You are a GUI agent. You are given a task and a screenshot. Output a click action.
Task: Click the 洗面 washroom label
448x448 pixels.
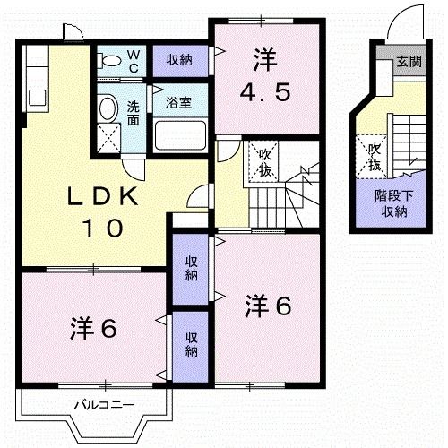tap(133, 113)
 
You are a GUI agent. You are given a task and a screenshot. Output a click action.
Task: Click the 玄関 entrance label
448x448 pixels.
tap(409, 62)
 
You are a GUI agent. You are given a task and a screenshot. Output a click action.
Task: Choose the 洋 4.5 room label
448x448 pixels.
tap(263, 76)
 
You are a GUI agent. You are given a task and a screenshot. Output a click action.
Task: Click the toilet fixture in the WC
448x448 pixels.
tap(110, 60)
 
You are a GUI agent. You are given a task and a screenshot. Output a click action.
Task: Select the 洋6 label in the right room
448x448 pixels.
tap(269, 306)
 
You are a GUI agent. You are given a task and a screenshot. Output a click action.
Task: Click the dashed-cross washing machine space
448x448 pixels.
tap(111, 140)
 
